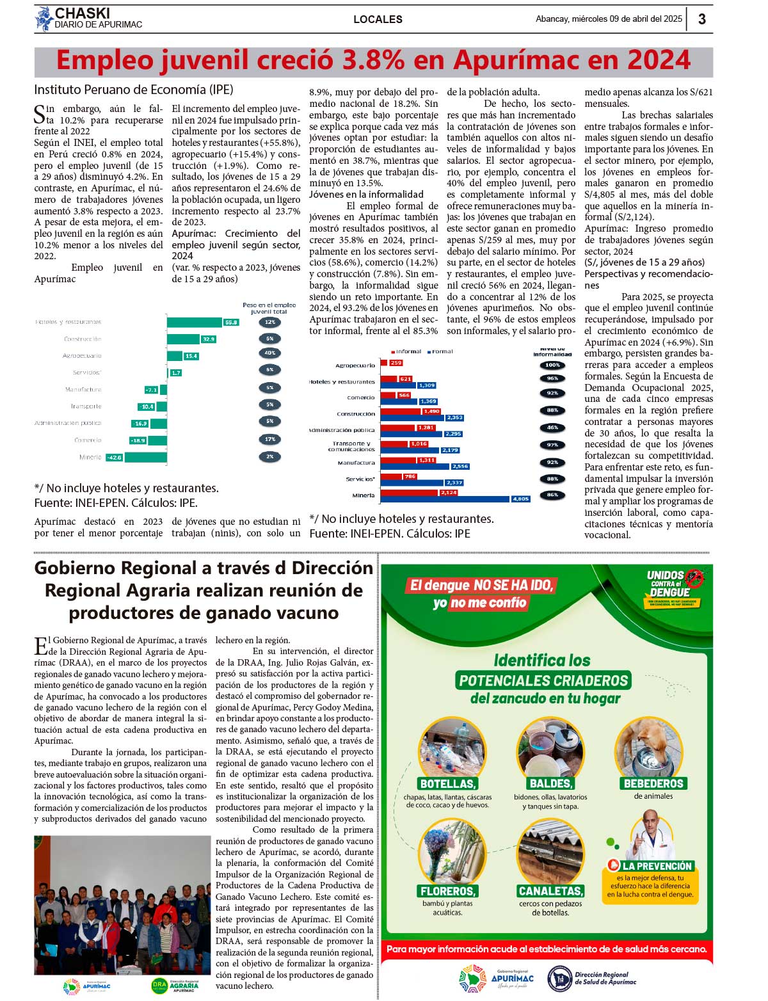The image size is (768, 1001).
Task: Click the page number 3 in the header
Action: [x=701, y=19]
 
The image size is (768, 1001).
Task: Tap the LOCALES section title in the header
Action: [x=378, y=19]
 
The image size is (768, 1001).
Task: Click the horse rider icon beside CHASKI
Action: [x=44, y=19]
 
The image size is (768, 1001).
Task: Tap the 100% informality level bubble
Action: [x=552, y=365]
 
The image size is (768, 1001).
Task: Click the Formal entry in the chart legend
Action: [x=441, y=351]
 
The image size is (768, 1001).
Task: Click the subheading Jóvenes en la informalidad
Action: [x=366, y=195]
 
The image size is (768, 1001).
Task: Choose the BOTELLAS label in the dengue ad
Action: [x=448, y=783]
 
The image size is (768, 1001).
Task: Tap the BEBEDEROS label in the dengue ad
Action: [x=653, y=783]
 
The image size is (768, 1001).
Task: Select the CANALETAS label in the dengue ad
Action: [x=550, y=891]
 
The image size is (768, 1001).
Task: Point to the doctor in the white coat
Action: [x=652, y=835]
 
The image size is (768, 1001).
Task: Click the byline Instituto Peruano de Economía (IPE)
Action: [x=134, y=90]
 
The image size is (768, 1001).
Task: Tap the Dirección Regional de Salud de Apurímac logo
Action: [x=592, y=978]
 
